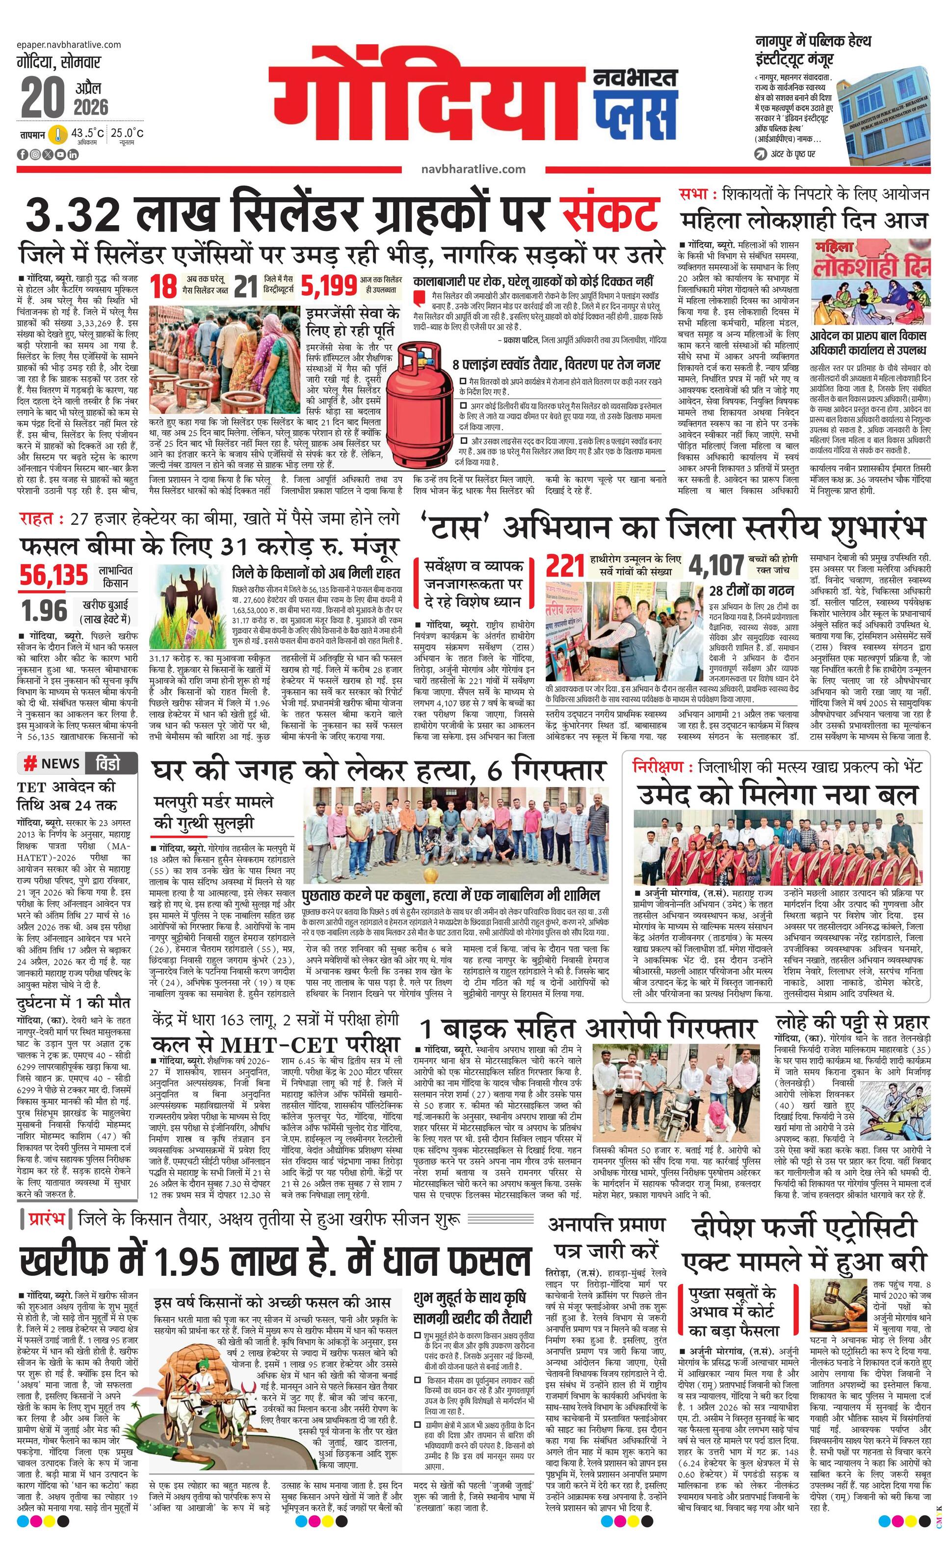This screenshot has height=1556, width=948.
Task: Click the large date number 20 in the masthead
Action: click(x=43, y=99)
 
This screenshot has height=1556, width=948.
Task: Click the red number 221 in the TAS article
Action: click(x=565, y=566)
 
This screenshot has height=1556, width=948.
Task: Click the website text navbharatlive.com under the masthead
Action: click(x=473, y=169)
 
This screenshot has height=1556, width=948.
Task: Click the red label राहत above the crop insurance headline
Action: click(x=37, y=519)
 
